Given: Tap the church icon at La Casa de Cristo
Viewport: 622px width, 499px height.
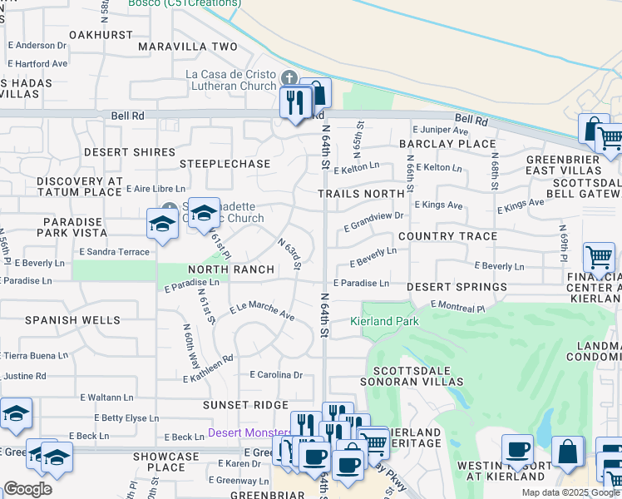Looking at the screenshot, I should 289,78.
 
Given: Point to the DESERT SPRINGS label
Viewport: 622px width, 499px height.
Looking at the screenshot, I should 457,287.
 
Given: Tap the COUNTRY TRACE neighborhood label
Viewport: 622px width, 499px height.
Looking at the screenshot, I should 447,236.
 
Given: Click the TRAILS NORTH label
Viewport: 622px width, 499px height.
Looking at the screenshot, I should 361,194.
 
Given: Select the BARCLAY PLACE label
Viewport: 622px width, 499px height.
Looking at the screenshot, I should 447,144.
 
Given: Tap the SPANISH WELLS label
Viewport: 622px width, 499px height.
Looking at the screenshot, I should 72,319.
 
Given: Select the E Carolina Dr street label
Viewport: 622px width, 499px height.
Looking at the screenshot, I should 276,375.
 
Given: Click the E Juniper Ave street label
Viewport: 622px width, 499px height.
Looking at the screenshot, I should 441,130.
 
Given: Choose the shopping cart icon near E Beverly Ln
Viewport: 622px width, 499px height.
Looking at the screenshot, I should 599,258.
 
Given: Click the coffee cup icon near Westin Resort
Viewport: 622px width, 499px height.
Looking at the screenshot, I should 517,447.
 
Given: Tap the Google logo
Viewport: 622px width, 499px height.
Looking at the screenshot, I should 28,489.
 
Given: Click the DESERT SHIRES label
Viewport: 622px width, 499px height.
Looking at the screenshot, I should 130,152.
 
